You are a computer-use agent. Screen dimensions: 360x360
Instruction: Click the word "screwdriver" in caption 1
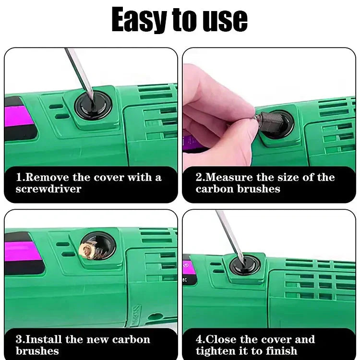click(x=48, y=189)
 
